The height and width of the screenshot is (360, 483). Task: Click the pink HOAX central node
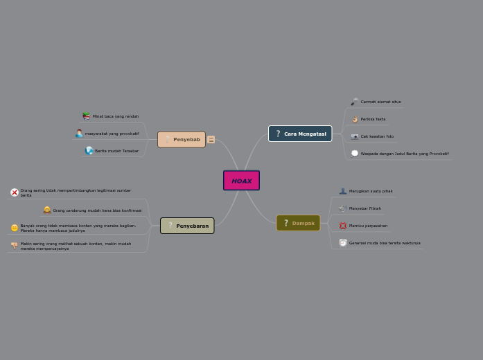tap(241, 181)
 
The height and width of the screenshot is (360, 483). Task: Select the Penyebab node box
tap(182, 140)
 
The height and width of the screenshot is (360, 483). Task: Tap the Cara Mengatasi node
tap(300, 134)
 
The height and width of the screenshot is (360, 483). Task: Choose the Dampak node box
tap(298, 223)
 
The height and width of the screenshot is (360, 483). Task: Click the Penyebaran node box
tap(187, 226)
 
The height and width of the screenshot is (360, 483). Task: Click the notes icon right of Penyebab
tap(211, 140)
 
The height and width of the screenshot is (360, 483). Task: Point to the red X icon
tap(15, 192)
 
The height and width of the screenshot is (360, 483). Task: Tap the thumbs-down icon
tap(15, 245)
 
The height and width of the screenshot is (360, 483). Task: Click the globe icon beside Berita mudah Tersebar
tap(89, 150)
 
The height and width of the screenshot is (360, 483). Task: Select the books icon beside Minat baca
tap(86, 116)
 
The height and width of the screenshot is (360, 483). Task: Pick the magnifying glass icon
tap(355, 102)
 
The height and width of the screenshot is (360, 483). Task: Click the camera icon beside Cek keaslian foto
tap(355, 136)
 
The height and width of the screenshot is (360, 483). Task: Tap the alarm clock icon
tap(343, 243)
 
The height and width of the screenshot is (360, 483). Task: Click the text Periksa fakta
tap(373, 119)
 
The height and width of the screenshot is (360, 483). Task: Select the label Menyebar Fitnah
tap(365, 208)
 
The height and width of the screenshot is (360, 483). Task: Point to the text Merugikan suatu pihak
tap(371, 191)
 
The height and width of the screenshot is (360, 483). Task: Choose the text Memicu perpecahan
tap(368, 226)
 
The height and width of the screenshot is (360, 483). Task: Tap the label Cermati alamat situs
tap(380, 102)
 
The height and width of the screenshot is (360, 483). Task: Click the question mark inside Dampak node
tap(286, 223)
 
